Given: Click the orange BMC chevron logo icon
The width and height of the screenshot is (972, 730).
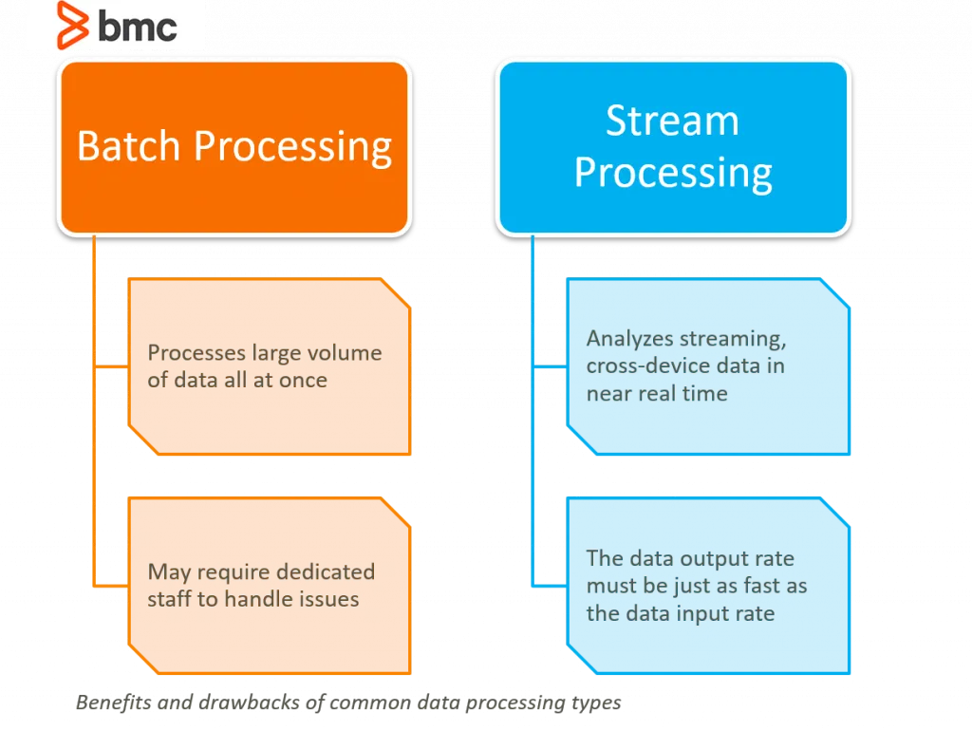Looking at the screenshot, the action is (72, 25).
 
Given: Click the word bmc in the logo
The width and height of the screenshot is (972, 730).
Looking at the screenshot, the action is (138, 28).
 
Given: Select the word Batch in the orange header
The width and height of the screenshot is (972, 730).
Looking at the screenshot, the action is (128, 146).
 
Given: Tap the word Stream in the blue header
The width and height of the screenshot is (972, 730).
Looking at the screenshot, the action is (673, 121).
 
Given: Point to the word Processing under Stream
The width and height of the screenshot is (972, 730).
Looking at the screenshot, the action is (673, 173).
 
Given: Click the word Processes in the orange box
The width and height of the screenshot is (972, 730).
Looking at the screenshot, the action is (196, 352).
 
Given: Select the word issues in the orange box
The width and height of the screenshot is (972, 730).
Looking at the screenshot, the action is (329, 599).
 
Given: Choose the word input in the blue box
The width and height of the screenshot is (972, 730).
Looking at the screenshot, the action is (703, 613).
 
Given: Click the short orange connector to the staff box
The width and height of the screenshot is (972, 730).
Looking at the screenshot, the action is (111, 586).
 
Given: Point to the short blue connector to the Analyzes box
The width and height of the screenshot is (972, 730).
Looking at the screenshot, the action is (550, 366).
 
